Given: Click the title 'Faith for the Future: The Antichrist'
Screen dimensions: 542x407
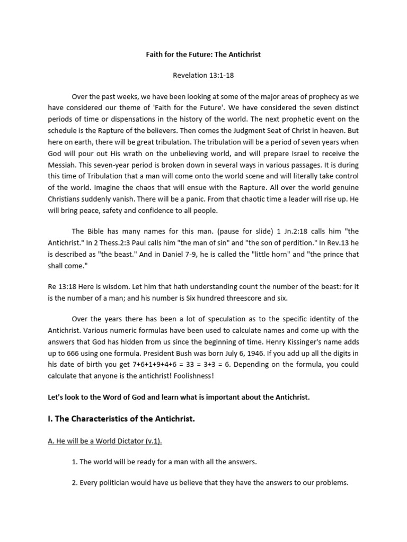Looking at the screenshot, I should [203, 55].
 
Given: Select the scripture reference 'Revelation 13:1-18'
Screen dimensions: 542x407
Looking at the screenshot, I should [203, 75].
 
